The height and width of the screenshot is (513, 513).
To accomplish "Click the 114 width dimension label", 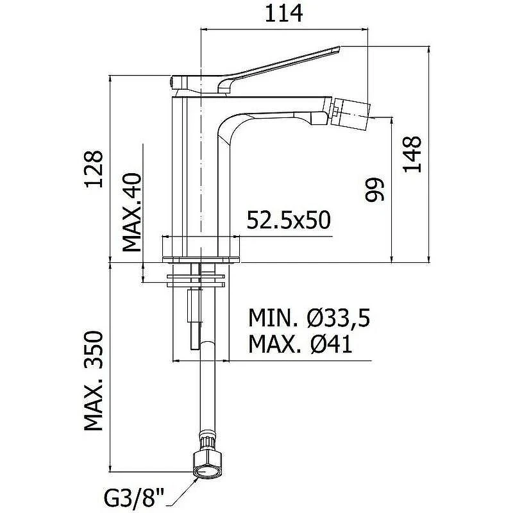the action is [x=283, y=13].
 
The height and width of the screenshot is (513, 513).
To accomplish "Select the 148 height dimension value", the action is [x=412, y=154].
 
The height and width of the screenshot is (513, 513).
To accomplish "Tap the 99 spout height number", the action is [x=374, y=190].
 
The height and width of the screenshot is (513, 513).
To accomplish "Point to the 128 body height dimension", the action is [x=94, y=169].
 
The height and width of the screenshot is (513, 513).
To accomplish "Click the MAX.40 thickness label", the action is [x=132, y=212].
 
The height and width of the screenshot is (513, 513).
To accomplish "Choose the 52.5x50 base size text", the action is [x=289, y=219].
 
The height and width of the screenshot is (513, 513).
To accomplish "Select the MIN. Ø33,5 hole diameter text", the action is [x=309, y=317].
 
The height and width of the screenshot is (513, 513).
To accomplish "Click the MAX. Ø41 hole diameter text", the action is [x=300, y=344].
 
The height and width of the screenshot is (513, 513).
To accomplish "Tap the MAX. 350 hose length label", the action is [x=94, y=380].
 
